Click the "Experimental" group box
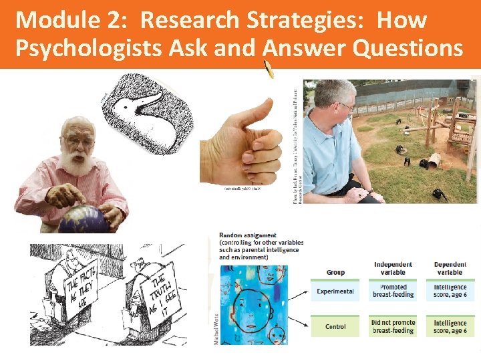coord(336,291)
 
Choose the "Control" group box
coord(336,326)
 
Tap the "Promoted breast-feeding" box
coord(393,291)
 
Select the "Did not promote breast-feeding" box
coord(393,326)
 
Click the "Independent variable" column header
coord(393,267)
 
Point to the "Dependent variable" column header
coord(450,267)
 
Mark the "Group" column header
coord(335,272)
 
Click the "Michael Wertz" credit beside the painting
coord(214,331)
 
